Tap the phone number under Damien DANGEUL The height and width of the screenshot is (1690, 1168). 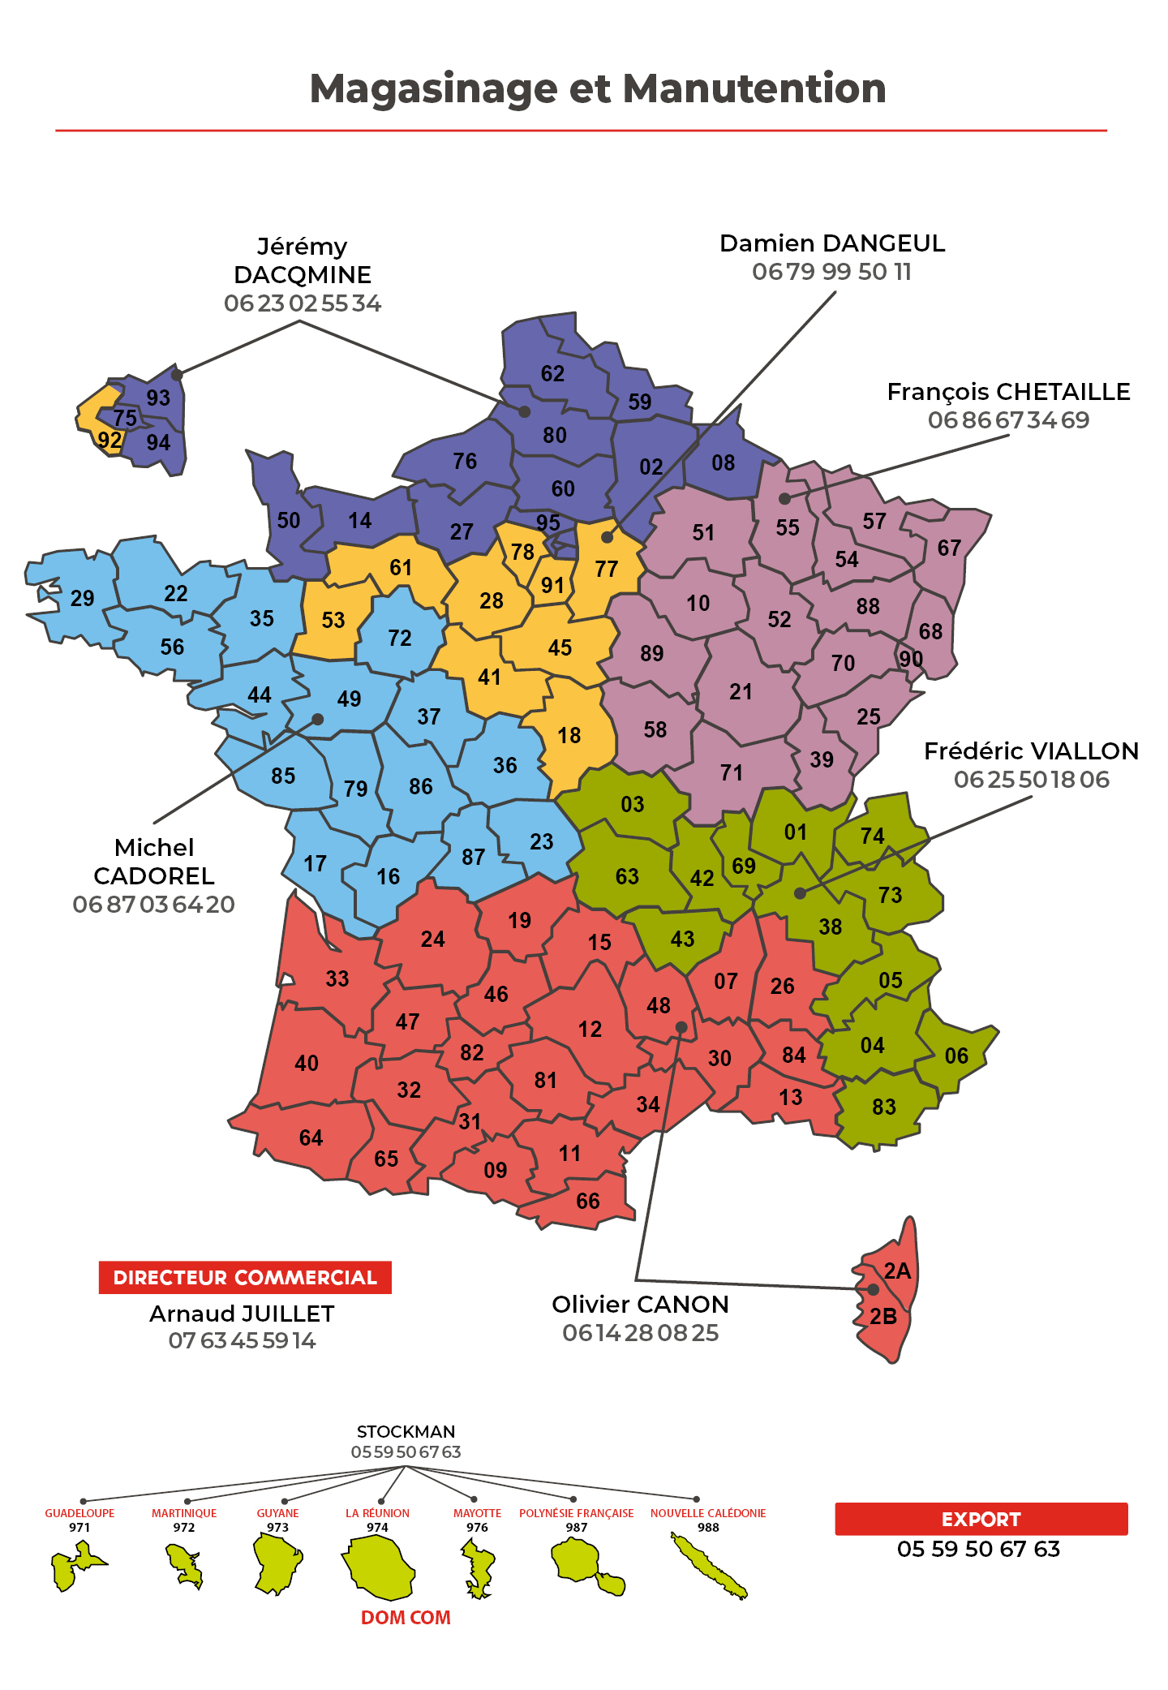[831, 272]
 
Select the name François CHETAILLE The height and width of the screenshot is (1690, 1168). [1008, 392]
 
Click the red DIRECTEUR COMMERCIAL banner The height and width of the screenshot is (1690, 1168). [245, 1277]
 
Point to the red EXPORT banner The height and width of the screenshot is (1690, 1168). [981, 1519]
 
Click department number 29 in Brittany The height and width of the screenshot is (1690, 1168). [82, 599]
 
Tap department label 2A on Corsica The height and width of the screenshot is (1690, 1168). [897, 1271]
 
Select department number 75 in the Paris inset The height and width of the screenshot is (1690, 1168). [125, 418]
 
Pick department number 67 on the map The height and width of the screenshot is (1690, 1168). [949, 548]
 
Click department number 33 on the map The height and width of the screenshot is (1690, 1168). [337, 978]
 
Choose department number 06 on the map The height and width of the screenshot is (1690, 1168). [956, 1056]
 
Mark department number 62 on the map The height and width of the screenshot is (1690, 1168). [552, 373]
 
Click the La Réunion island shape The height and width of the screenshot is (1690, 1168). [379, 1567]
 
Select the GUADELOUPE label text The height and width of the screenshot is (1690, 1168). [79, 1513]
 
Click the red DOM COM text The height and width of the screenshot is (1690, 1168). [406, 1617]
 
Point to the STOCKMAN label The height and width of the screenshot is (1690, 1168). [406, 1431]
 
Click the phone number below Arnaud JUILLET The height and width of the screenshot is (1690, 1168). [242, 1340]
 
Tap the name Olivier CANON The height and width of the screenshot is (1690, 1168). [640, 1305]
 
